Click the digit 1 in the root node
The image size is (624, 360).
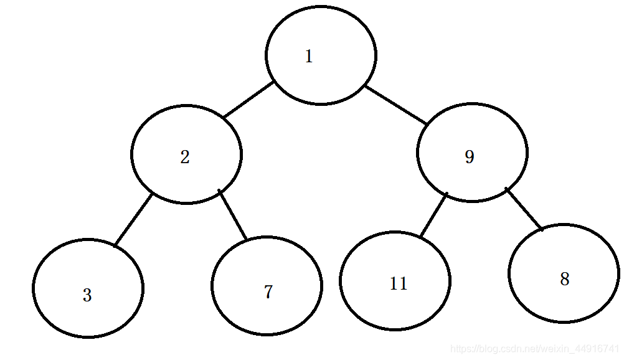pyautogui.click(x=308, y=57)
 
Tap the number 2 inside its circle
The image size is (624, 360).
pyautogui.click(x=184, y=157)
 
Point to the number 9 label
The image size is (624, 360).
pyautogui.click(x=470, y=157)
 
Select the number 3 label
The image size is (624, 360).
pyautogui.click(x=87, y=295)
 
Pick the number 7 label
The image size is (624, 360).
pyautogui.click(x=268, y=292)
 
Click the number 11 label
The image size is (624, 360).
pyautogui.click(x=398, y=284)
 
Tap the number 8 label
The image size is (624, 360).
pyautogui.click(x=564, y=279)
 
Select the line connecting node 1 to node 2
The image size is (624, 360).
pyautogui.click(x=249, y=100)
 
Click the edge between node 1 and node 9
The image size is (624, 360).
pyautogui.click(x=396, y=104)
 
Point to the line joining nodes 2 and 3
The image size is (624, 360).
pyautogui.click(x=133, y=219)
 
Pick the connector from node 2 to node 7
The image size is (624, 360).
pyautogui.click(x=233, y=214)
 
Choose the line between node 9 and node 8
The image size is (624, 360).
pyautogui.click(x=524, y=209)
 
